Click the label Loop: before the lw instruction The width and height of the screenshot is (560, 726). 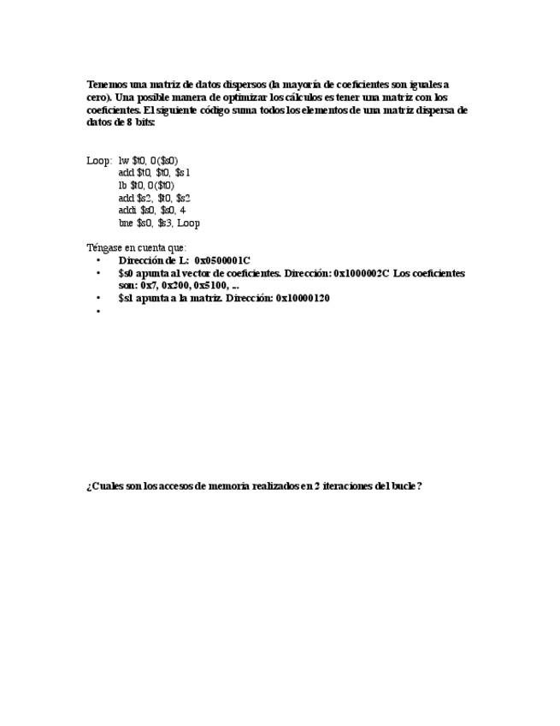99,160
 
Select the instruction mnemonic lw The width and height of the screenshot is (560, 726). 123,160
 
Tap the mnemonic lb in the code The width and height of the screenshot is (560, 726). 122,185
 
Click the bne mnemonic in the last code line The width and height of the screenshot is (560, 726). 126,223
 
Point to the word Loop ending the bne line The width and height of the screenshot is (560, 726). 188,223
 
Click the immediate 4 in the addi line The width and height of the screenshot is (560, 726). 183,210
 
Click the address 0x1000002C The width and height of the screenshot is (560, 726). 361,273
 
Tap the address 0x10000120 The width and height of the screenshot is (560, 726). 302,298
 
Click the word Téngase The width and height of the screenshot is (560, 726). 104,247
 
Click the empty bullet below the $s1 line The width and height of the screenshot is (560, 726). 98,311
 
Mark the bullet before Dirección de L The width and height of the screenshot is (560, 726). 98,260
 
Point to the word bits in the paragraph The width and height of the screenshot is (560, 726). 144,122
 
